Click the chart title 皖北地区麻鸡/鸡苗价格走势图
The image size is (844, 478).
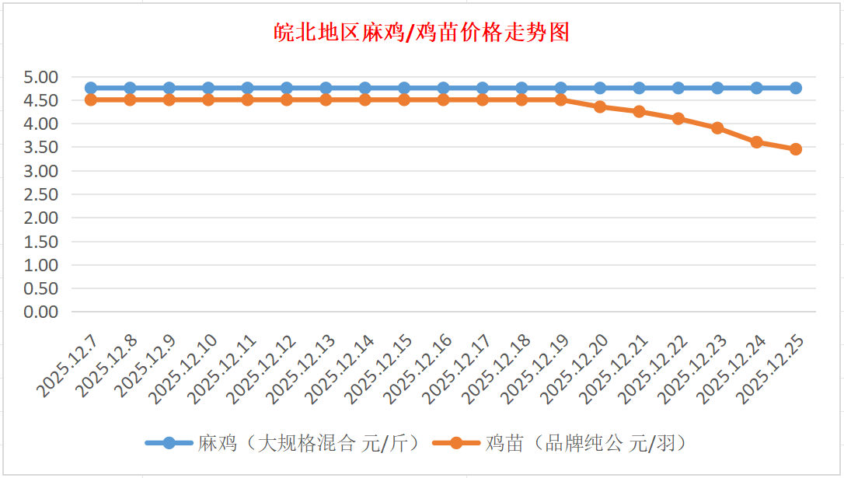pyautogui.click(x=422, y=33)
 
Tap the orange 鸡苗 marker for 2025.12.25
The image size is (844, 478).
pyautogui.click(x=796, y=149)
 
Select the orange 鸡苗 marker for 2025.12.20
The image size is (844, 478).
pyautogui.click(x=600, y=106)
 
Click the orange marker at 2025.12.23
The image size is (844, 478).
pyautogui.click(x=717, y=128)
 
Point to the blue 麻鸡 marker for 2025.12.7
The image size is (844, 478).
pyautogui.click(x=91, y=88)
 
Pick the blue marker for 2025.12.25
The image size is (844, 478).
pyautogui.click(x=796, y=88)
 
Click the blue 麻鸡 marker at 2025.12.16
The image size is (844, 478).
pyautogui.click(x=443, y=88)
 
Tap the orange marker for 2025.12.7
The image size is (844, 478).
pyautogui.click(x=91, y=99)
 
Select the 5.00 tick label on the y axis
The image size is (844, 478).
pyautogui.click(x=41, y=77)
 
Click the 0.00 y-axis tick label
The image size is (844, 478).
pyautogui.click(x=41, y=312)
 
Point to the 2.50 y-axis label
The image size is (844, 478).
pyautogui.click(x=41, y=194)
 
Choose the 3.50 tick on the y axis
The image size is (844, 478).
pyautogui.click(x=41, y=147)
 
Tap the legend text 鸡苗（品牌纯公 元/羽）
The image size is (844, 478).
pyautogui.click(x=586, y=444)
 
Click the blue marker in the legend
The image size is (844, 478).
pyautogui.click(x=169, y=444)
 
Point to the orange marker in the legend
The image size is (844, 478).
pyautogui.click(x=456, y=444)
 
